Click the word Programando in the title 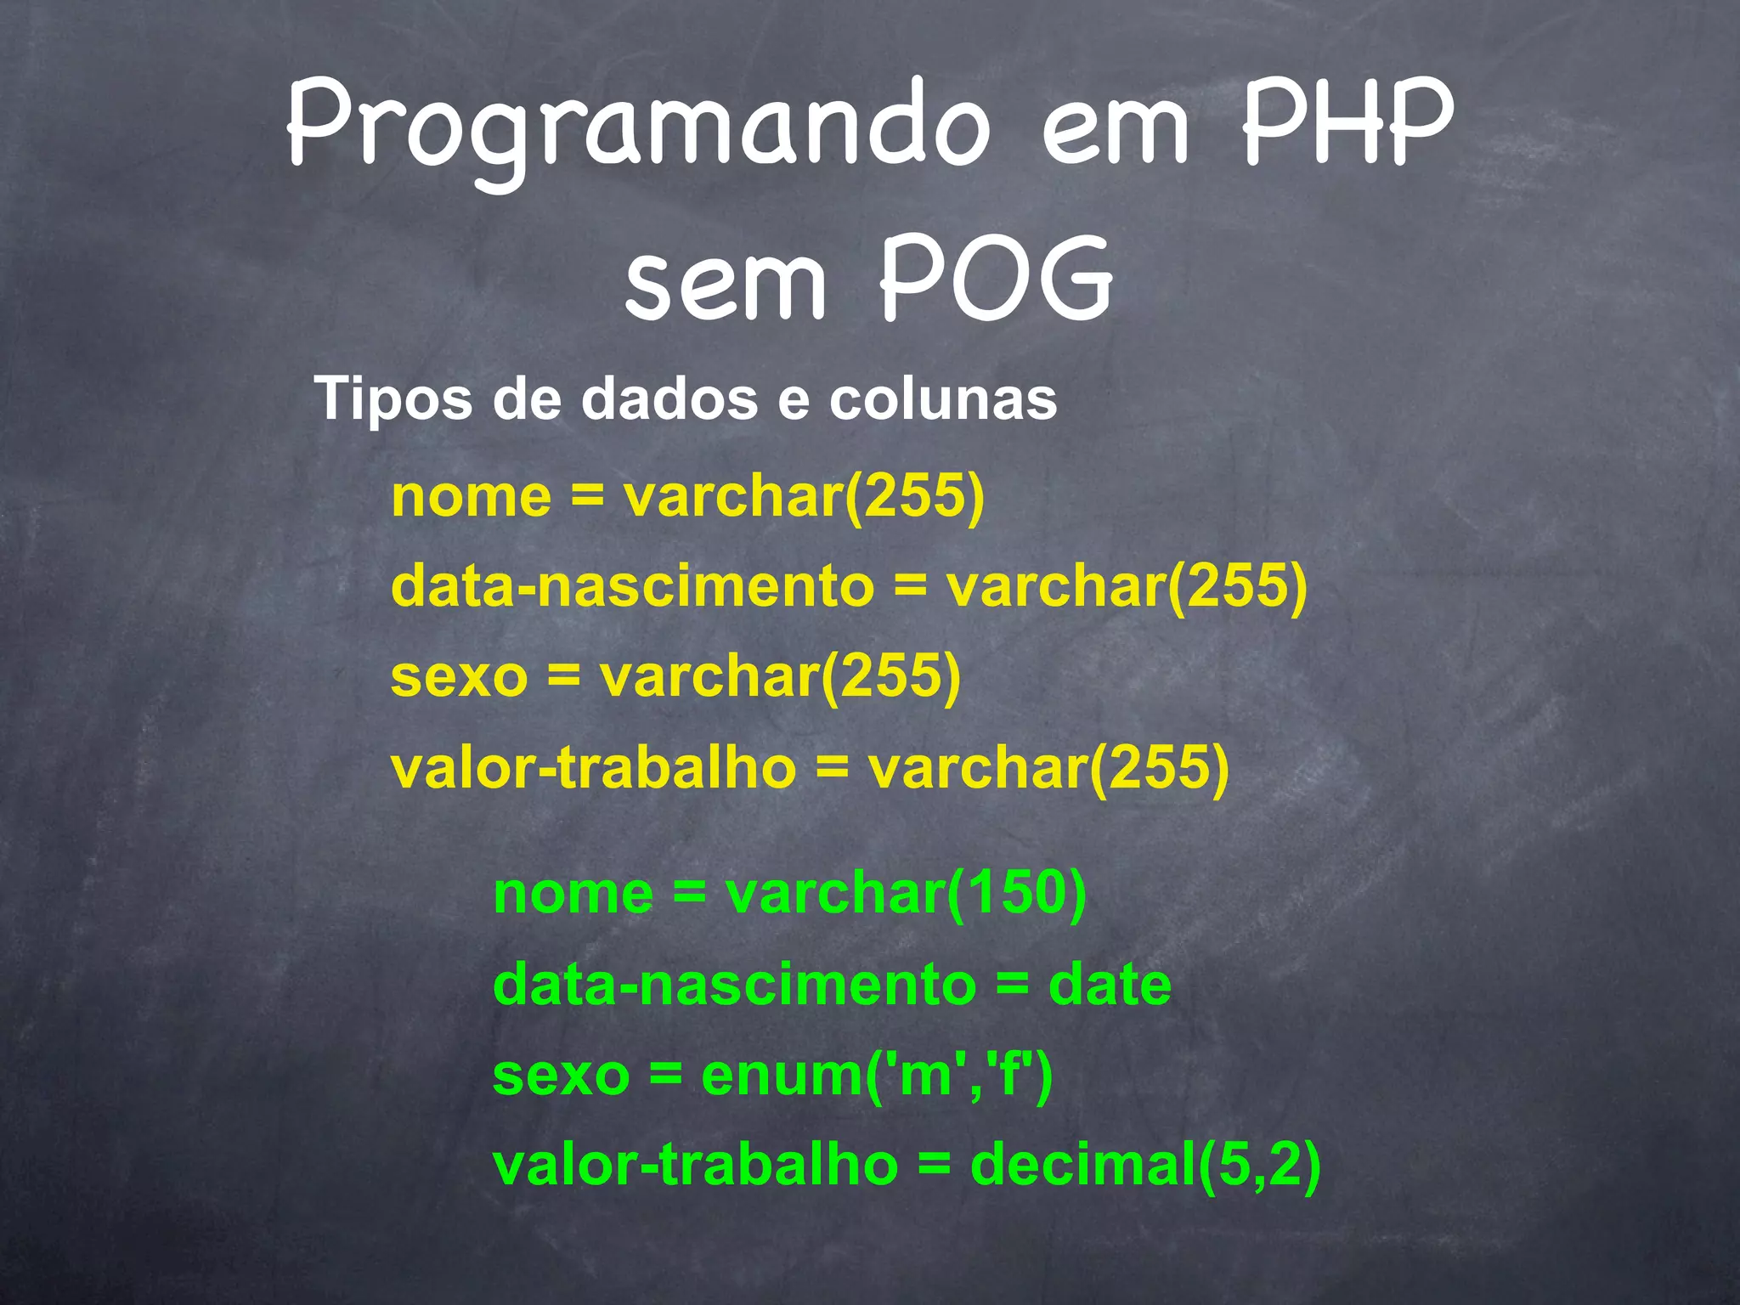pos(637,127)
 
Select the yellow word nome pos(472,496)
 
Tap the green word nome pos(573,894)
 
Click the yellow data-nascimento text pos(633,586)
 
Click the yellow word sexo pos(460,677)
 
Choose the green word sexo pos(562,1075)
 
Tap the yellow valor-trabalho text pos(594,767)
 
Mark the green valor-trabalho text pos(696,1165)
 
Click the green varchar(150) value pos(906,894)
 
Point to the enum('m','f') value pos(877,1075)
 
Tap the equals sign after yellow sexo pos(563,677)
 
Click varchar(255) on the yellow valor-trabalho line pos(1048,767)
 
